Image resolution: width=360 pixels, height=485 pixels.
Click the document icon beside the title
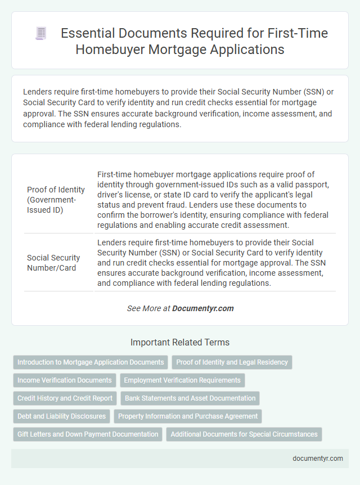click(40, 34)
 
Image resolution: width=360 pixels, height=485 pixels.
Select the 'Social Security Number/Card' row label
click(53, 263)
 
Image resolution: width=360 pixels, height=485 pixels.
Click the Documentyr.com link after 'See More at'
click(202, 308)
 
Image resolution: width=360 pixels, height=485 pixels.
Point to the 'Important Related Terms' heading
click(180, 342)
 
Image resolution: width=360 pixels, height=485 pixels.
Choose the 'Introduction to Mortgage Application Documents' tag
click(91, 362)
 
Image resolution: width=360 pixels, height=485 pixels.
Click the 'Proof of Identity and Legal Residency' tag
click(232, 362)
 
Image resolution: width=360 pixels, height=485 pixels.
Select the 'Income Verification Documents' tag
click(65, 380)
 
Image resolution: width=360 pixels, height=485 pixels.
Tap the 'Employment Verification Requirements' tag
click(182, 380)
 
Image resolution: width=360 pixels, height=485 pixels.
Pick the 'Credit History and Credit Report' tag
click(65, 398)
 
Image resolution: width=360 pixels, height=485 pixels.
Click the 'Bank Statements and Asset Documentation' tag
click(190, 398)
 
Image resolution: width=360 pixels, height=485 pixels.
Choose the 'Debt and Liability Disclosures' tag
click(61, 416)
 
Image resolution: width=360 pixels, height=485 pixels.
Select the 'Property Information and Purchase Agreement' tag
click(188, 416)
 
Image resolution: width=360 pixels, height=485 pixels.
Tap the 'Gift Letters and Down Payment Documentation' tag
click(88, 434)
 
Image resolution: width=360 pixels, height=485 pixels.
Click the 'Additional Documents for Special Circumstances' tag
click(245, 434)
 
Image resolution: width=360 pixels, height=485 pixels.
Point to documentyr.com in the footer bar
click(318, 459)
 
